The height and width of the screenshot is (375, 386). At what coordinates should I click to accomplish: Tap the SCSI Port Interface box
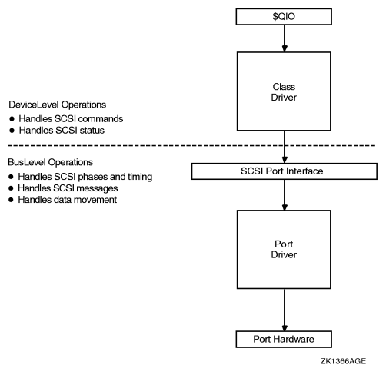(x=285, y=171)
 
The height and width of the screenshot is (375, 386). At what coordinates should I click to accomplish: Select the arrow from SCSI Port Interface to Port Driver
(x=285, y=194)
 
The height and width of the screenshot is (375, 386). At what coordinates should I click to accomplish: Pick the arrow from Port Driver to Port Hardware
(x=285, y=307)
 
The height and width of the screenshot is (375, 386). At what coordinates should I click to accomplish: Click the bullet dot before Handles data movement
(x=12, y=201)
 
